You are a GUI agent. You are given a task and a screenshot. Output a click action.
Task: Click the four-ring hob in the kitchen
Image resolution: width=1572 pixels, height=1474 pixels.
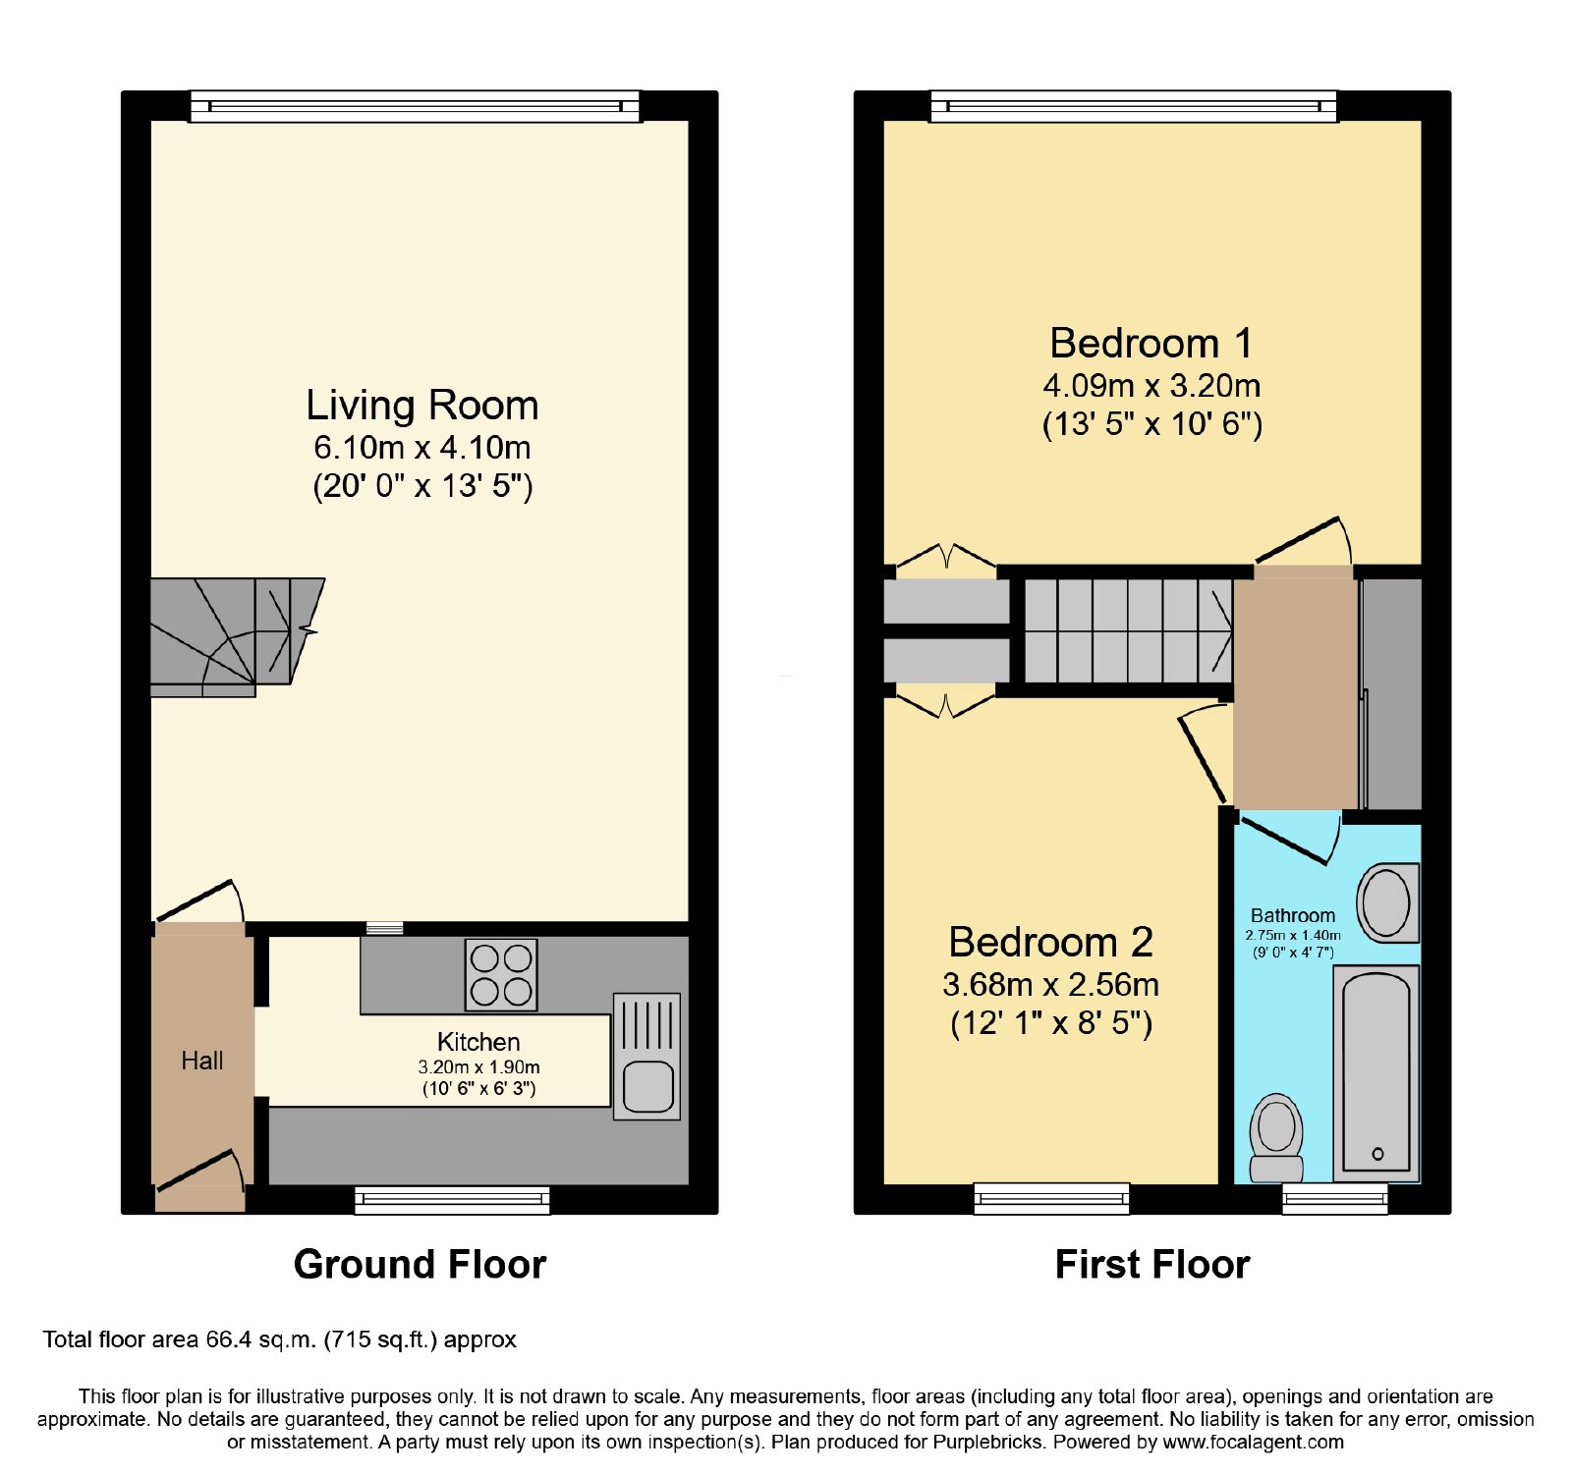coord(502,975)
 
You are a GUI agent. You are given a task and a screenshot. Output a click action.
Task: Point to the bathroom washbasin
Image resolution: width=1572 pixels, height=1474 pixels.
coord(1388,902)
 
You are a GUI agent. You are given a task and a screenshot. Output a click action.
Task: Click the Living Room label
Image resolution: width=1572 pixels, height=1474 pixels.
coord(422,405)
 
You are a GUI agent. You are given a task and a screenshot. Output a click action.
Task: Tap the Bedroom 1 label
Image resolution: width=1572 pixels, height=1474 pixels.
coord(1151,343)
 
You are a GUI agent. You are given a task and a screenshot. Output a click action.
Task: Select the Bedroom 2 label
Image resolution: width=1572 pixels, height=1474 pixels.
coord(1050,942)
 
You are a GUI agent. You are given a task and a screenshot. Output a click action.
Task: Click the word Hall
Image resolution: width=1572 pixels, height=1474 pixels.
coord(202,1061)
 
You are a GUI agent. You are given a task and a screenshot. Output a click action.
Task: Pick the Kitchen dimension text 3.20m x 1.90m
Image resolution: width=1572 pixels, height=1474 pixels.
coord(478,1066)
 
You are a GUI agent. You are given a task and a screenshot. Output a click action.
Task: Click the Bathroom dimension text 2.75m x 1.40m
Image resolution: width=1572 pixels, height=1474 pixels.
coord(1293,935)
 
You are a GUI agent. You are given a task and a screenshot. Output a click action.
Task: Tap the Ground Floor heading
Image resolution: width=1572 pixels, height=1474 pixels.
coord(420,1264)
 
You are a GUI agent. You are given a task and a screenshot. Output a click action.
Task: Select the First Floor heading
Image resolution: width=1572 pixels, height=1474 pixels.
coord(1152,1264)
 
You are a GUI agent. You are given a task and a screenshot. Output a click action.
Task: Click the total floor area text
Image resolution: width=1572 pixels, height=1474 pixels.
coord(279,1339)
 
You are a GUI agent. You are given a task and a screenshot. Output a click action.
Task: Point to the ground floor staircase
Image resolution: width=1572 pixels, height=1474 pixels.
coord(237,637)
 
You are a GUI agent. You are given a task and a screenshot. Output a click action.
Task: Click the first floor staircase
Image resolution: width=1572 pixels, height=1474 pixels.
coord(1128,630)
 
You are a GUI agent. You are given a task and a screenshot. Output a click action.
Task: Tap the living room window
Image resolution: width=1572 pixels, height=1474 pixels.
coord(415,106)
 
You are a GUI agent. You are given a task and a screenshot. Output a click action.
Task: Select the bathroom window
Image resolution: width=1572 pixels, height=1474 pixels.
coord(1335,1198)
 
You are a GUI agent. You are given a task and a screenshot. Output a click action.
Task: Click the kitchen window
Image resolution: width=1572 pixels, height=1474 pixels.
coord(452,1199)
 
